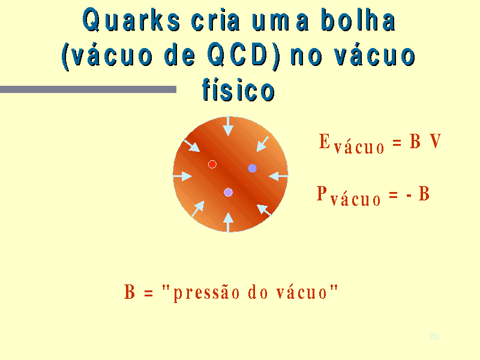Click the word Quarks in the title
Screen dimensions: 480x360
[x=131, y=20]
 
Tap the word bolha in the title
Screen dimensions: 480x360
[x=358, y=20]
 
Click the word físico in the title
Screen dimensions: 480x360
[x=238, y=89]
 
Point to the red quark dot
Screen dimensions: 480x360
[x=212, y=164]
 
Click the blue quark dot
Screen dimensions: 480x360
[x=252, y=168]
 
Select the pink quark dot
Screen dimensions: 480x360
[x=228, y=192]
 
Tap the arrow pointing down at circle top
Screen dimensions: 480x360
[x=228, y=126]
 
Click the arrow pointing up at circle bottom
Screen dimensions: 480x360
[x=228, y=222]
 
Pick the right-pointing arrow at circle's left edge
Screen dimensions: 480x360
[x=182, y=176]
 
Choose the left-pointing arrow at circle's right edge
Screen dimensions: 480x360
[x=278, y=176]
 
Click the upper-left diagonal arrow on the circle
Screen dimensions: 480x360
[x=191, y=146]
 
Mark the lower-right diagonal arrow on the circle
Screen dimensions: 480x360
[x=264, y=210]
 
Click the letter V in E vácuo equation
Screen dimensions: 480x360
[x=435, y=141]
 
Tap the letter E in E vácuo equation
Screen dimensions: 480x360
[x=324, y=141]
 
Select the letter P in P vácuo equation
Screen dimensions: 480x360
[x=322, y=193]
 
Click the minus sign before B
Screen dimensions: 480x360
[x=409, y=194]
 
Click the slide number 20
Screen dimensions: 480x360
[x=434, y=337]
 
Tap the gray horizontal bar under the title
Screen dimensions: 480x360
[x=88, y=89]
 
